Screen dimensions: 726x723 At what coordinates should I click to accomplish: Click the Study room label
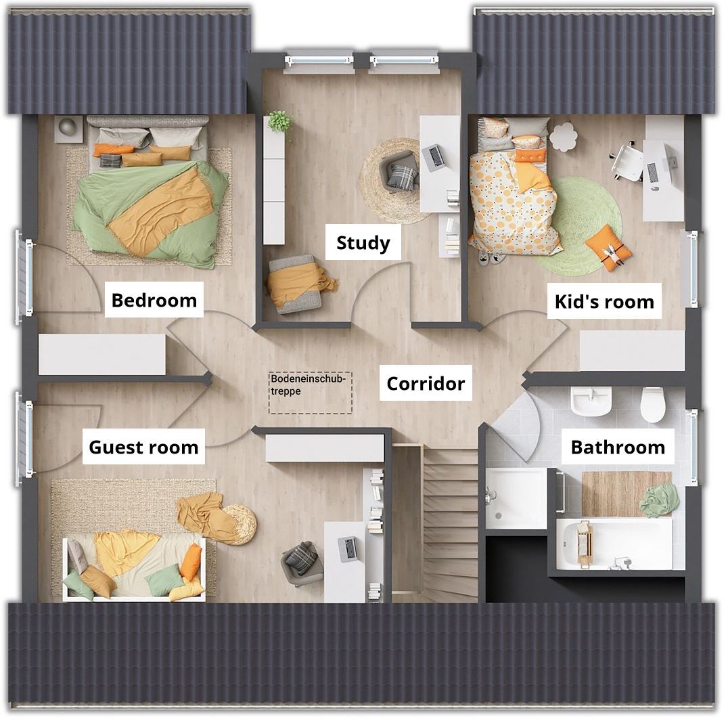click(363, 243)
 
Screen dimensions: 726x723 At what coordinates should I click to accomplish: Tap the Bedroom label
click(154, 300)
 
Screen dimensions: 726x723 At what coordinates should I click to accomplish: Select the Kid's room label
click(604, 301)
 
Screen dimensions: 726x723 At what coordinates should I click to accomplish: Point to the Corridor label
click(426, 383)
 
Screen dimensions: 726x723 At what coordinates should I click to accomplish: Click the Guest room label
click(143, 447)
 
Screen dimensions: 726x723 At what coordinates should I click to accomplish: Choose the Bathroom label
click(618, 447)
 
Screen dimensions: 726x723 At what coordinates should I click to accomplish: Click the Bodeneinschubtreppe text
click(309, 385)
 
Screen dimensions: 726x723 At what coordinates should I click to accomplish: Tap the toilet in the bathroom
click(653, 405)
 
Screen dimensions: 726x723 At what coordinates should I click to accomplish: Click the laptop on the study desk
click(434, 158)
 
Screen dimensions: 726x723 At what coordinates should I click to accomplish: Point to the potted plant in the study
click(279, 121)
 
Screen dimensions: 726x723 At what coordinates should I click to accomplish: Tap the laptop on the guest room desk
click(348, 548)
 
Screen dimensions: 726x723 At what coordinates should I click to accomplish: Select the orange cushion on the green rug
click(608, 247)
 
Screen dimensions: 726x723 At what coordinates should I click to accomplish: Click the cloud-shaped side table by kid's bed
click(564, 135)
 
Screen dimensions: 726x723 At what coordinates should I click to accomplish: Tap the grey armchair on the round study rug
click(398, 171)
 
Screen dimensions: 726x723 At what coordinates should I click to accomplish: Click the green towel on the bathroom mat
click(657, 500)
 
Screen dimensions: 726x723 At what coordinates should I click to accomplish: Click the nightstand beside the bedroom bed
click(68, 129)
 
